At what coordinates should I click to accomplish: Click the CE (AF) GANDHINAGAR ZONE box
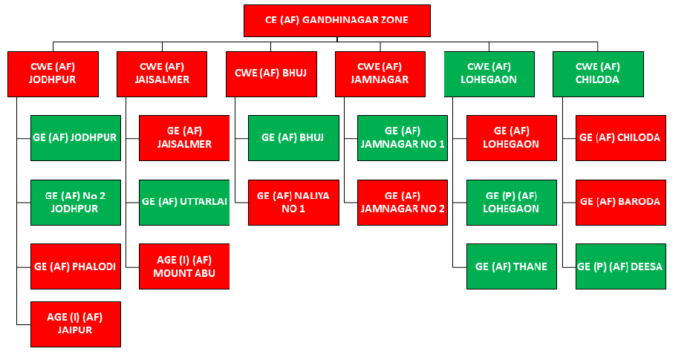pyautogui.click(x=336, y=21)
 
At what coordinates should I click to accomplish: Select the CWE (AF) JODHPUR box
pyautogui.click(x=53, y=73)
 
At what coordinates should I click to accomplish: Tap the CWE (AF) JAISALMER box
pyautogui.click(x=162, y=73)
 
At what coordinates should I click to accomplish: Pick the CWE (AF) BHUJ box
pyautogui.click(x=271, y=73)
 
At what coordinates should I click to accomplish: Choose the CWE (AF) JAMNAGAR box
pyautogui.click(x=380, y=73)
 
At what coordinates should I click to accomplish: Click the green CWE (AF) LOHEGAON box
pyautogui.click(x=489, y=73)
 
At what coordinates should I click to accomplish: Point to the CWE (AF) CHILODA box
pyautogui.click(x=598, y=73)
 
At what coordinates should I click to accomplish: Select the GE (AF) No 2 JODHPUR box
pyautogui.click(x=75, y=202)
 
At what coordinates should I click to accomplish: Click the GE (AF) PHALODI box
pyautogui.click(x=75, y=266)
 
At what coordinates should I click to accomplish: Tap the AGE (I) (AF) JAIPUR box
pyautogui.click(x=75, y=324)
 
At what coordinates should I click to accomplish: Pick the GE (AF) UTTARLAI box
pyautogui.click(x=184, y=202)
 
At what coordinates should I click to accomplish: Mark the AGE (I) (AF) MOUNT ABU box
pyautogui.click(x=184, y=266)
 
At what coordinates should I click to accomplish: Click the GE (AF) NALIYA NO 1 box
pyautogui.click(x=293, y=202)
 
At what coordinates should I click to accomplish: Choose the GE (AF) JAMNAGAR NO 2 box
pyautogui.click(x=403, y=202)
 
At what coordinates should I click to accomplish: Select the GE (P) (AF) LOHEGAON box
pyautogui.click(x=512, y=202)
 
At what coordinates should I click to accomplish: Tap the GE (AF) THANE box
pyautogui.click(x=512, y=266)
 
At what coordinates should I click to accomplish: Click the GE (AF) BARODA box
pyautogui.click(x=621, y=202)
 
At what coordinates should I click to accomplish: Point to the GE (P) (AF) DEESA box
pyautogui.click(x=621, y=266)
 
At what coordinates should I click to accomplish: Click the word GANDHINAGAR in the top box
pyautogui.click(x=345, y=21)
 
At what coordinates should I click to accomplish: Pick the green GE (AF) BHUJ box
pyautogui.click(x=293, y=137)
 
